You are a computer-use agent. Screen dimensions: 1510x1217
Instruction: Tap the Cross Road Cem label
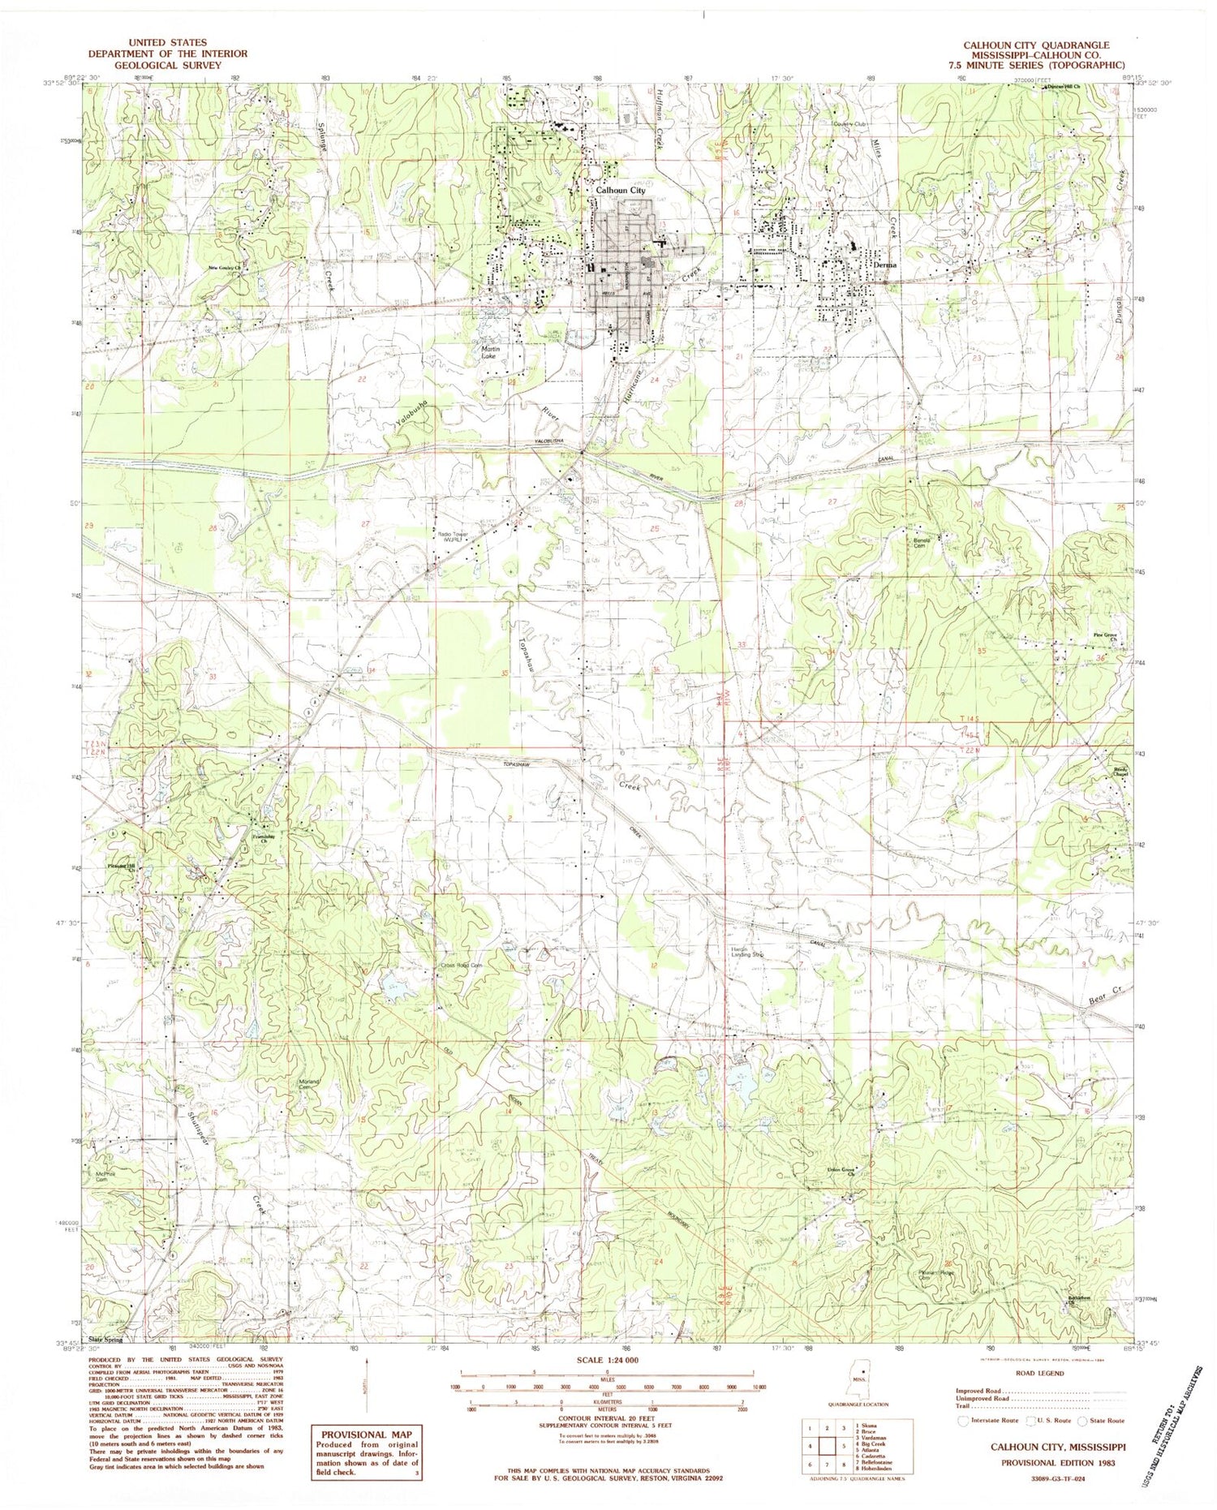coord(462,966)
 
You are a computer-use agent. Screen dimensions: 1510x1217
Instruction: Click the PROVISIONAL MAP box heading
coord(357,1434)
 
